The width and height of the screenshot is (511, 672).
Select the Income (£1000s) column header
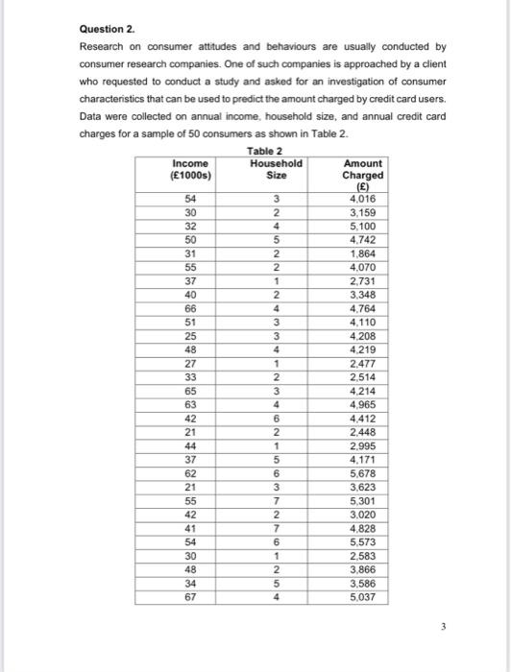click(x=189, y=169)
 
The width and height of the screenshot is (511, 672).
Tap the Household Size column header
click(x=276, y=169)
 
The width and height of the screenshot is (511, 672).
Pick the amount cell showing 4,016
click(x=362, y=199)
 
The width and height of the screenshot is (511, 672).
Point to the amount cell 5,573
click(x=362, y=541)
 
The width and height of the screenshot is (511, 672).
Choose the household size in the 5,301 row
click(x=276, y=500)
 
